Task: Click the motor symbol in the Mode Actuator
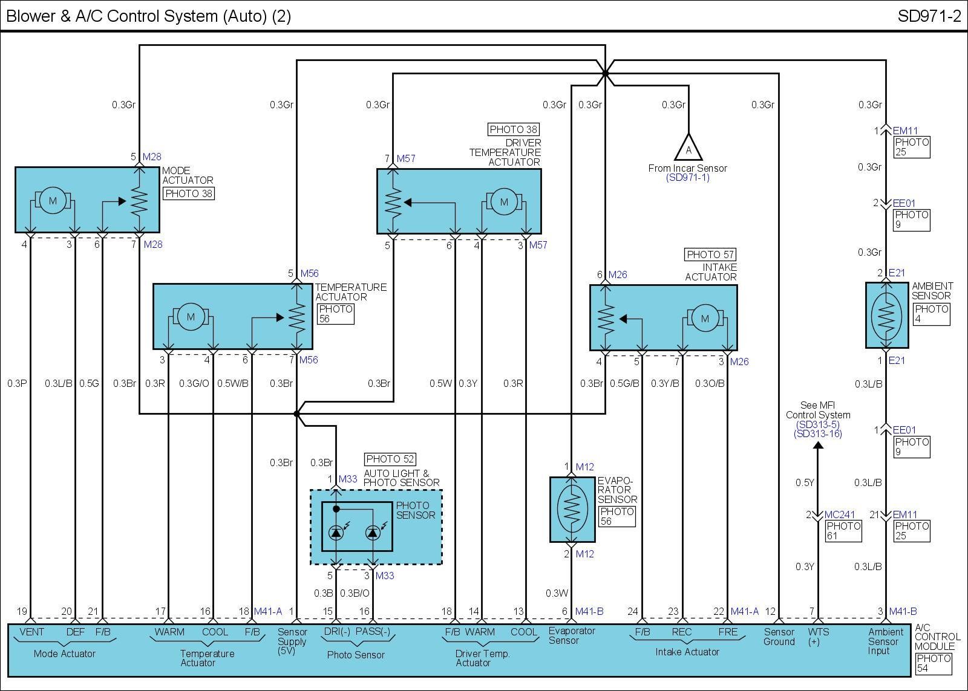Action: (53, 201)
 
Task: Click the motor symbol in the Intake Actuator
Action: (704, 319)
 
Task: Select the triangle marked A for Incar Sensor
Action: (688, 148)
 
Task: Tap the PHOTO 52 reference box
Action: (390, 459)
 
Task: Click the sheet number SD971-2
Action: (929, 16)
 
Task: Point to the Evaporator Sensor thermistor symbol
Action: (571, 509)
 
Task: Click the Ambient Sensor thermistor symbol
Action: (886, 314)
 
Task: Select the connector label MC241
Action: (840, 515)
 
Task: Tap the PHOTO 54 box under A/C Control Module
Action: (934, 663)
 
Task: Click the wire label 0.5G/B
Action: (624, 383)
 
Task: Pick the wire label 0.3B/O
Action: (355, 593)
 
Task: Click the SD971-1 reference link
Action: (688, 178)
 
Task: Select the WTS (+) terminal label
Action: (818, 637)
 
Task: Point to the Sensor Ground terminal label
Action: (779, 637)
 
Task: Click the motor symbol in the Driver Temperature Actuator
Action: (504, 203)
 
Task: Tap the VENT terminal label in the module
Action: (31, 632)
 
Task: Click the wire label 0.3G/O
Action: (194, 383)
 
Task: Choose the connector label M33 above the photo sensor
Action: (348, 479)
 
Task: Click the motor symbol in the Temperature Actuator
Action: (191, 317)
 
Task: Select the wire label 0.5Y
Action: (805, 482)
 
